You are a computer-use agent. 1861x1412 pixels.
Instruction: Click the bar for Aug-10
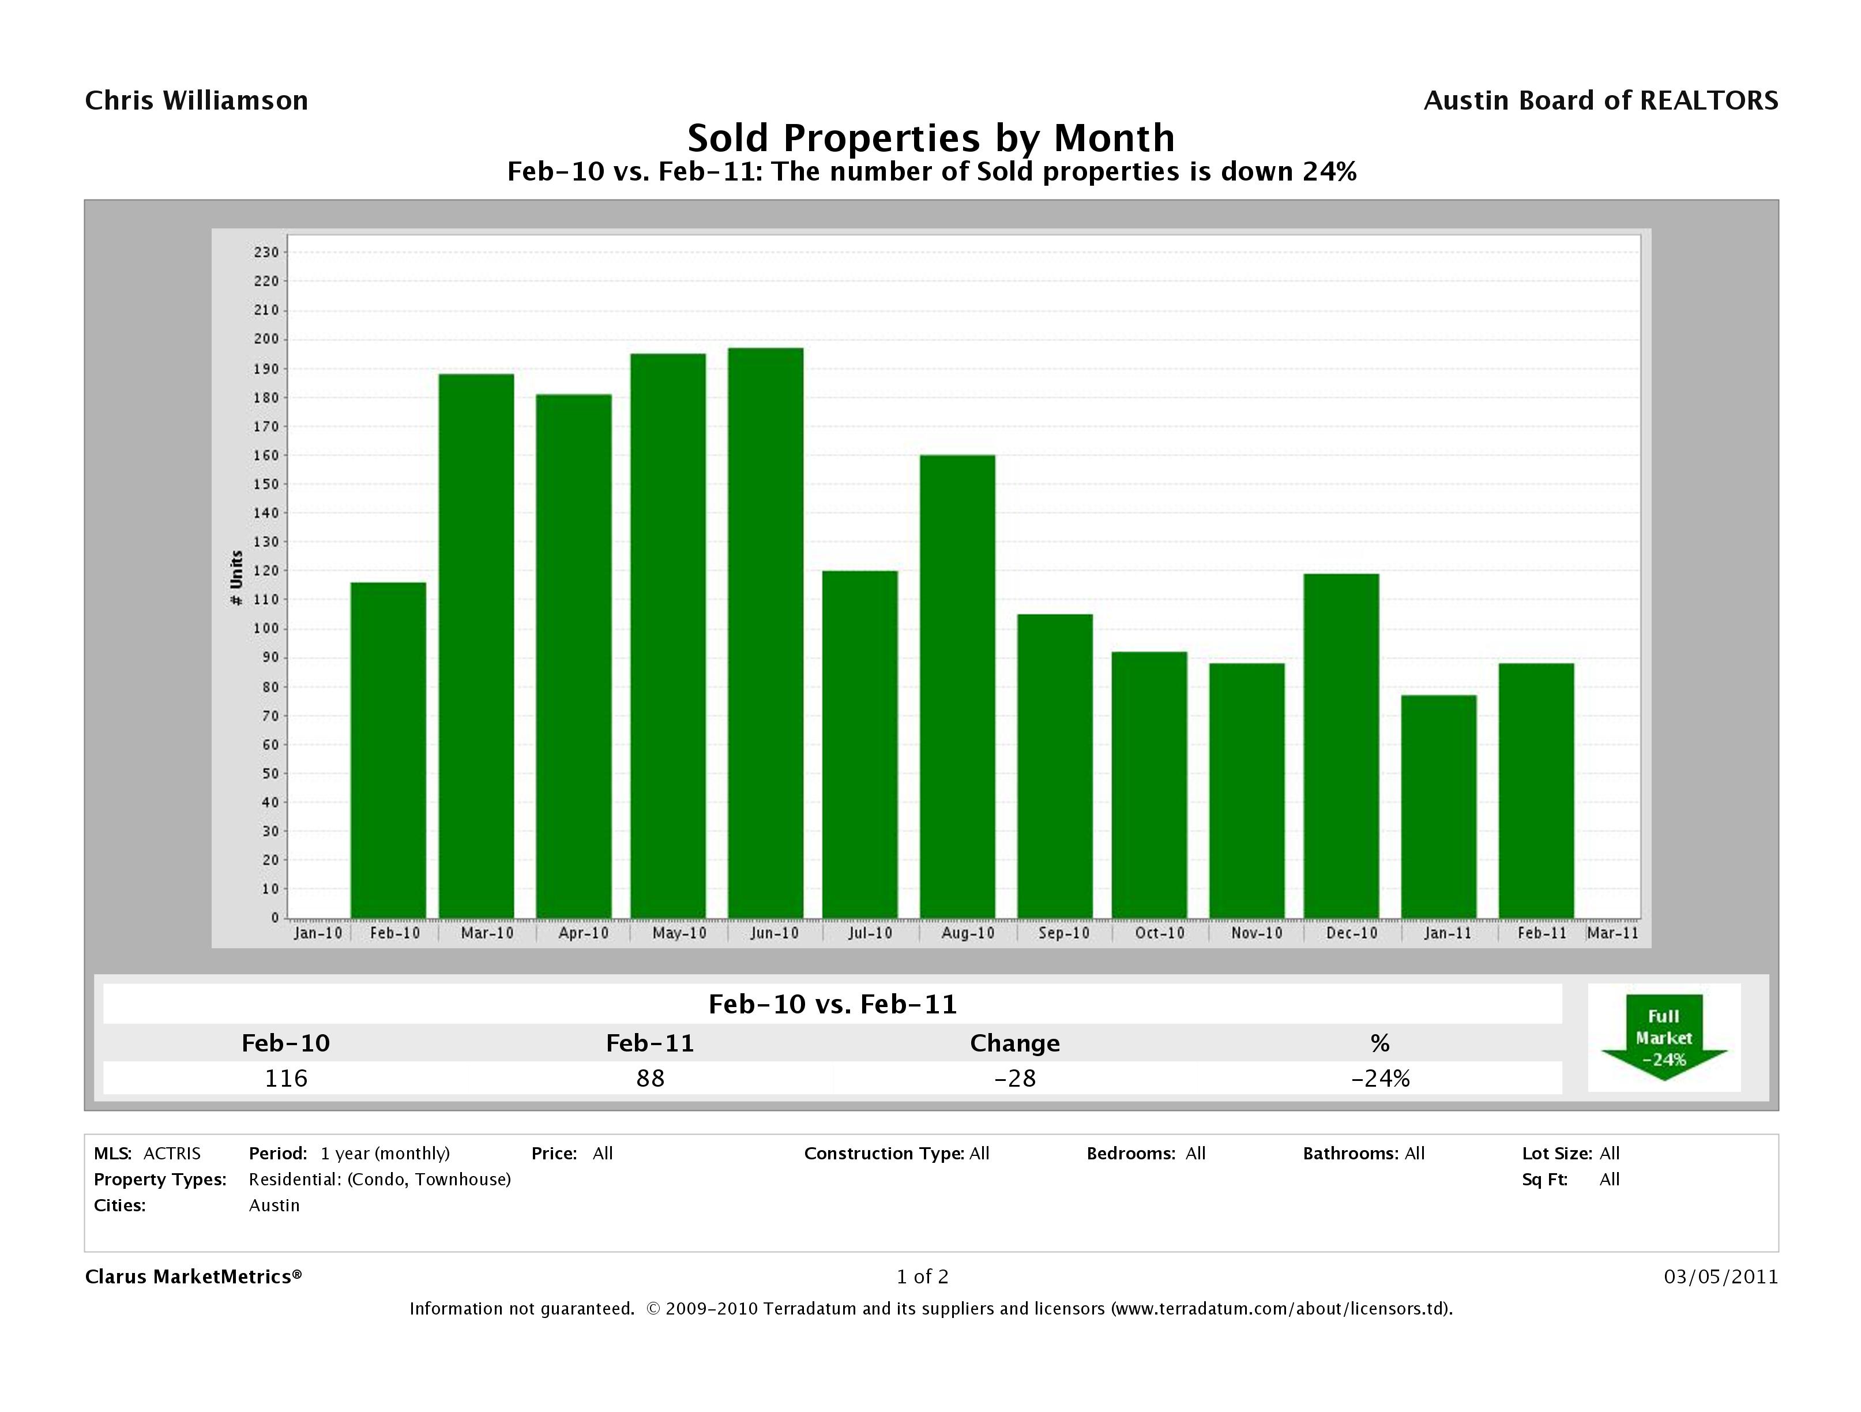click(957, 686)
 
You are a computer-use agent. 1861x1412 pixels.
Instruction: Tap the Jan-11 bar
click(1439, 806)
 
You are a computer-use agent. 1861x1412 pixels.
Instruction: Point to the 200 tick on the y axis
click(266, 339)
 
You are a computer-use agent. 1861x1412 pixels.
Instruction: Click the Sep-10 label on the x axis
click(1063, 933)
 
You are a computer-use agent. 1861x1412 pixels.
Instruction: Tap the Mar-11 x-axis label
click(1612, 933)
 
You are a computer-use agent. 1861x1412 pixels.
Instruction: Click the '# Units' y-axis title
click(236, 577)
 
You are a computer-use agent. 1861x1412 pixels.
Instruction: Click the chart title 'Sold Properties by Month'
click(931, 138)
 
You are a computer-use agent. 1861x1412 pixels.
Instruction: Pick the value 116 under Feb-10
click(286, 1078)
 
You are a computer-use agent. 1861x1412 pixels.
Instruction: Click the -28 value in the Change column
click(1014, 1078)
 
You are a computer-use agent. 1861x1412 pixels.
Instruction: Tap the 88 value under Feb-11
click(651, 1078)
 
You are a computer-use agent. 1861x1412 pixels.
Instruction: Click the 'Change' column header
click(1014, 1043)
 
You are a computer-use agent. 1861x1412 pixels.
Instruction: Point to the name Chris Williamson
click(197, 101)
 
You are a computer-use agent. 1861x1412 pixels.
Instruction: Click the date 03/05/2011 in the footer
click(1720, 1276)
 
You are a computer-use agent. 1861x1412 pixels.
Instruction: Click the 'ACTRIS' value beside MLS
click(172, 1153)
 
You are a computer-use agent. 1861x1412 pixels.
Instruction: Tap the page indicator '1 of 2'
click(922, 1276)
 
